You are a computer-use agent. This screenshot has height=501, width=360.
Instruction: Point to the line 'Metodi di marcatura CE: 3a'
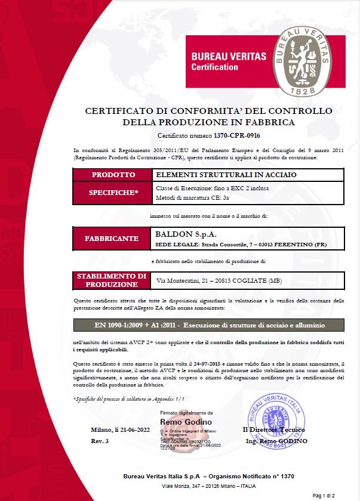tap(189, 198)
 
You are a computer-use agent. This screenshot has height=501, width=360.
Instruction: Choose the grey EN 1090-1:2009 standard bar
tap(208, 324)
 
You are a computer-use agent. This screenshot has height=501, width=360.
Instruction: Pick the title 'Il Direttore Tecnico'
tap(274, 430)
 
